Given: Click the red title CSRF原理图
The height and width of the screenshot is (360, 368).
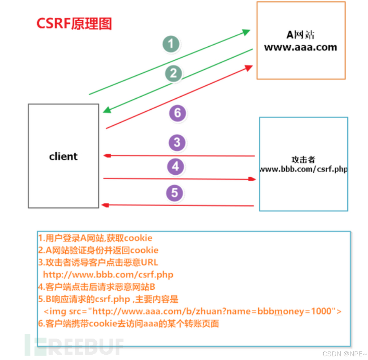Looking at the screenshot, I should [x=74, y=23].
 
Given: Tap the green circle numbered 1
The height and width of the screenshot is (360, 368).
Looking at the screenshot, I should [x=171, y=44].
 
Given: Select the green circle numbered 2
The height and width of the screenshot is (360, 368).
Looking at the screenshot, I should [x=173, y=73].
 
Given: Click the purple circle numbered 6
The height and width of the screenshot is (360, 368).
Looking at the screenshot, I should [x=177, y=113].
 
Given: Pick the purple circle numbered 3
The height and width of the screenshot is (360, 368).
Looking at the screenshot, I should [x=177, y=142].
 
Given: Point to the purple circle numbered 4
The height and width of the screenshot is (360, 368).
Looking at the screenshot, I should [x=176, y=166].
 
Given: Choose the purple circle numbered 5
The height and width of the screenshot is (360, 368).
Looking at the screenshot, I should [x=174, y=193].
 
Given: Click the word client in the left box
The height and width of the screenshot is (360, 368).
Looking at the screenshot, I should [x=63, y=156].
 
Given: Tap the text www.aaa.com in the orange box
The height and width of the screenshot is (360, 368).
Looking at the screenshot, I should [x=300, y=47].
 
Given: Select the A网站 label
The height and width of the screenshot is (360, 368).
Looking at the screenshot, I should [x=300, y=35].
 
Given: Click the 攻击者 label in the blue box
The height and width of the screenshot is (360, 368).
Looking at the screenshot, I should [x=303, y=160].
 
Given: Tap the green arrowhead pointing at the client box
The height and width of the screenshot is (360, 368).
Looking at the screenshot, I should [x=107, y=110].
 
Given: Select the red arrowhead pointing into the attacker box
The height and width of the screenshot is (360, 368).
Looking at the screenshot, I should [x=252, y=179].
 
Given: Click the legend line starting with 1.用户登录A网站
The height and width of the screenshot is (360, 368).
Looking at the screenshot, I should [x=95, y=238].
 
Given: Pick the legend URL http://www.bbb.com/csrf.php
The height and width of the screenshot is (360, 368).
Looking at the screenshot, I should [x=108, y=274].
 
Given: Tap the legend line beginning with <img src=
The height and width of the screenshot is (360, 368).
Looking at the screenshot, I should [x=192, y=311].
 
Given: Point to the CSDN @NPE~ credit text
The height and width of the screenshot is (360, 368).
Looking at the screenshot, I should [x=344, y=354].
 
